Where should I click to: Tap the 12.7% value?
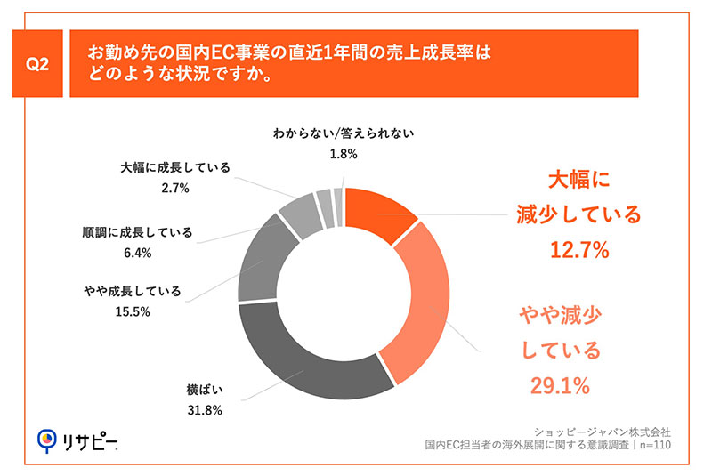[x=578, y=251]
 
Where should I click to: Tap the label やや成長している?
[x=130, y=291]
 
